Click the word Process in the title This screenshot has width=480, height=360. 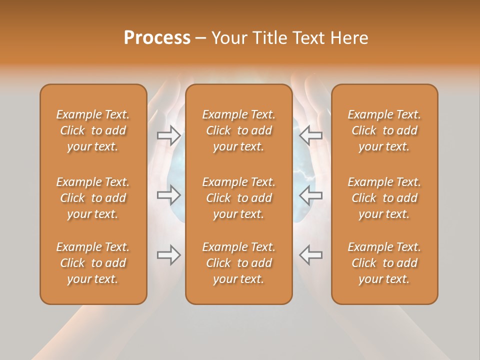[157, 37]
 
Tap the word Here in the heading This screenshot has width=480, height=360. [349, 37]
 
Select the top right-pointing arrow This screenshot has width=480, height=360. [168, 135]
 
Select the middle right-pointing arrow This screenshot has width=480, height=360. [168, 195]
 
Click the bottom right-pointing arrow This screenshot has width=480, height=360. [168, 255]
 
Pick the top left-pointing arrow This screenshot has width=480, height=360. [310, 135]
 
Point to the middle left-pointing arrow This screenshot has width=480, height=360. [310, 195]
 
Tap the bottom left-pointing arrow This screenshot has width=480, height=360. [310, 255]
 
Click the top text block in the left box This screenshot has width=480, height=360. [93, 130]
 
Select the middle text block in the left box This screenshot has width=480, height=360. [93, 198]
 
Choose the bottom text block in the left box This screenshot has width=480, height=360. [93, 263]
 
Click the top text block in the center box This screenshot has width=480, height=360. [239, 130]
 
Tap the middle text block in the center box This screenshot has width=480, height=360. [239, 198]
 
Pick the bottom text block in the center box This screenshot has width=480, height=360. [239, 263]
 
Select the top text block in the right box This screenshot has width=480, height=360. [384, 130]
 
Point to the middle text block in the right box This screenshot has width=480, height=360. [384, 198]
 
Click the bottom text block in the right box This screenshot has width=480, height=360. [384, 263]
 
